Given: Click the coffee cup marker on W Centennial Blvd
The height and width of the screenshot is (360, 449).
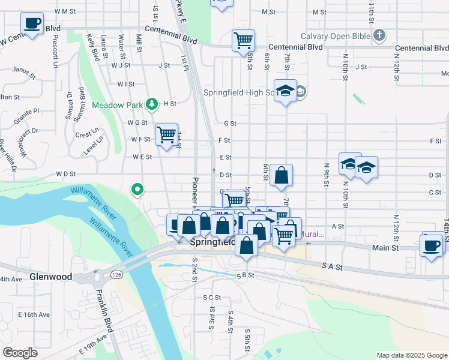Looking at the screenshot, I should pos(32,24).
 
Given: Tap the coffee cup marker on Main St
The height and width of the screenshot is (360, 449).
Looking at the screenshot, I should pos(432,244).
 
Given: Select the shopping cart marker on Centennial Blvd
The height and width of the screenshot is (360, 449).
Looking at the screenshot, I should pos(243,41).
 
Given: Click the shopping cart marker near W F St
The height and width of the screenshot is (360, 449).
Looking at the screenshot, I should pos(166,134).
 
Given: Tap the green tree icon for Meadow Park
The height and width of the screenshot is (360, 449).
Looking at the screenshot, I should pos(152,104).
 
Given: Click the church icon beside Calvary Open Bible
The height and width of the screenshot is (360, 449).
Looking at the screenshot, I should pos(379,36).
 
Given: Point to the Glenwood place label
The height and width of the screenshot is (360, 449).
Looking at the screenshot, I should pos(50,277).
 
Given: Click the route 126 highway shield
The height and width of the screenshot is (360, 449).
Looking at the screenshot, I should pos(116,275).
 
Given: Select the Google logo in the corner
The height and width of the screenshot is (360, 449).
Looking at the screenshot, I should pos(20,352).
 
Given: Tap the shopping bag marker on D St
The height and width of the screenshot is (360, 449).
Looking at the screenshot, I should pos(281,176).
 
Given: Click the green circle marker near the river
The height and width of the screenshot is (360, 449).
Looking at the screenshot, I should pos(137,190).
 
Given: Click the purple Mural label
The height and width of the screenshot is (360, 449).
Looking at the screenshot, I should pos(312,235).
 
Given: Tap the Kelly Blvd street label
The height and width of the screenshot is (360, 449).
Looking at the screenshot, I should pos(93,47).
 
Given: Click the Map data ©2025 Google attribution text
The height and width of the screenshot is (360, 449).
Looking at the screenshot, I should pos(412,355).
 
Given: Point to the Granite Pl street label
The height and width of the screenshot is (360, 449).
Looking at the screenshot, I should pos(28,111).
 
